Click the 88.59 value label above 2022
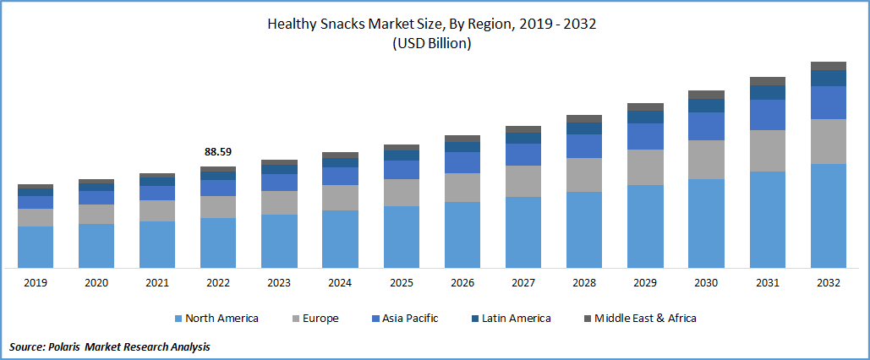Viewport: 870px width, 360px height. pyautogui.click(x=218, y=152)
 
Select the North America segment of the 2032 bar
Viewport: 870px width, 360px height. pyautogui.click(x=829, y=215)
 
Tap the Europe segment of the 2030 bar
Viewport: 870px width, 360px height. pyautogui.click(x=706, y=159)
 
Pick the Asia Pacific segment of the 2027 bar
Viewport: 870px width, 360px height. pyautogui.click(x=523, y=155)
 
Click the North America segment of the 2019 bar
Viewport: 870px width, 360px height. pyautogui.click(x=36, y=247)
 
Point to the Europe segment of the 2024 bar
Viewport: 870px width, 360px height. pyautogui.click(x=340, y=197)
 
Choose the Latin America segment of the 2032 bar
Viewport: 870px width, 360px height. pyautogui.click(x=829, y=78)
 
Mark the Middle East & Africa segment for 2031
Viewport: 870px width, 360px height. pyautogui.click(x=768, y=81)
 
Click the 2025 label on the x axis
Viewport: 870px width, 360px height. pyautogui.click(x=401, y=283)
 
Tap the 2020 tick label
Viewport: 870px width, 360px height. pyautogui.click(x=96, y=283)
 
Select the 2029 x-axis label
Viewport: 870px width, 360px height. pyautogui.click(x=645, y=283)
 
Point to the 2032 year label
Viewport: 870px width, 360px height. pyautogui.click(x=829, y=283)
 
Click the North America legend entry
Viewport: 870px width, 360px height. pyautogui.click(x=222, y=319)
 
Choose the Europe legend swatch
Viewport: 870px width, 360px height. pyautogui.click(x=298, y=319)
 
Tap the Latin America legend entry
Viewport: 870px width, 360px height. pyautogui.click(x=516, y=319)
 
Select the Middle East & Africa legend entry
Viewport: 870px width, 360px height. pyautogui.click(x=645, y=319)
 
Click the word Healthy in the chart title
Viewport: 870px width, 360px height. pyautogui.click(x=293, y=25)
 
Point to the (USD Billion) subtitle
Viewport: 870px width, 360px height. pyautogui.click(x=431, y=44)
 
